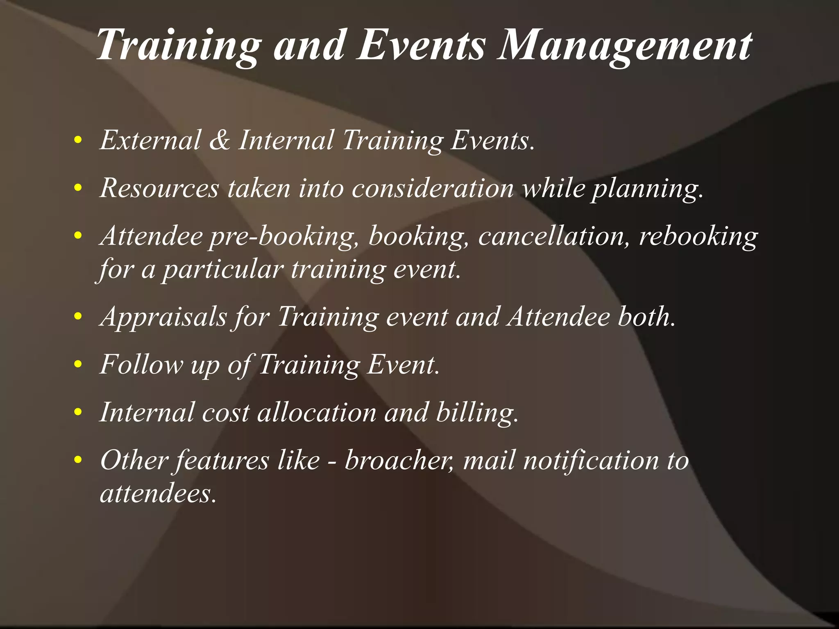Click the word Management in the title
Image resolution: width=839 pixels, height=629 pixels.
624,46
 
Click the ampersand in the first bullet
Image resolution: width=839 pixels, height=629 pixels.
220,140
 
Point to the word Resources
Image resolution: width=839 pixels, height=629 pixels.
159,189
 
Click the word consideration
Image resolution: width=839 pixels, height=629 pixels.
433,189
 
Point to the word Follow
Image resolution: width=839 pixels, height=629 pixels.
142,364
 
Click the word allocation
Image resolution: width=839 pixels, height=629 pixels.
317,412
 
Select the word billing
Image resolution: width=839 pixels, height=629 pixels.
477,413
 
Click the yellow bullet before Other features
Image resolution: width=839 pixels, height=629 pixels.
78,460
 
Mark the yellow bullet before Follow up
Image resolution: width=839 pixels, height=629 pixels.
78,364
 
